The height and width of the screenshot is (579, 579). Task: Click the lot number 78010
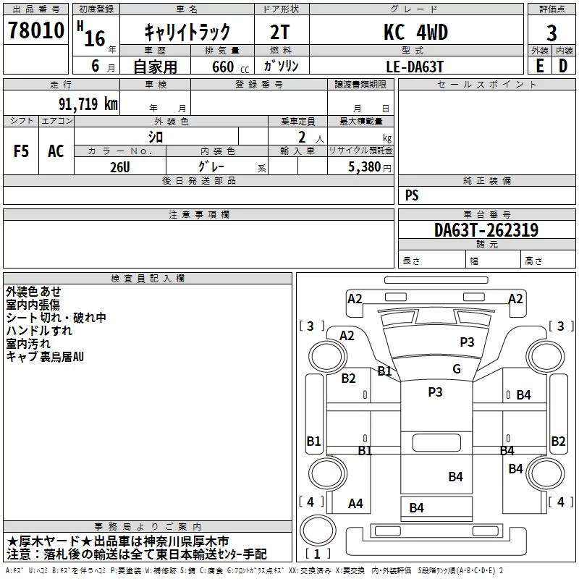[x=36, y=30]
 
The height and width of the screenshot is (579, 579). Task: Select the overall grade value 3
[x=551, y=33]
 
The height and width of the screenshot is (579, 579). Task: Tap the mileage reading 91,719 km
[x=88, y=104]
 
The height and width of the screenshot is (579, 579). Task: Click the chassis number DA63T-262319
[x=486, y=230]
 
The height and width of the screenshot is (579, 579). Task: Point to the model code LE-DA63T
[x=415, y=67]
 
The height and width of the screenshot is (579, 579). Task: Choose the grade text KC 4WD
[x=415, y=32]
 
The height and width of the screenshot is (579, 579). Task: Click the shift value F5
[x=21, y=151]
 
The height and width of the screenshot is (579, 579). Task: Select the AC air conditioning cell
[x=56, y=151]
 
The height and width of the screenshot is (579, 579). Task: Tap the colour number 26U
[x=120, y=167]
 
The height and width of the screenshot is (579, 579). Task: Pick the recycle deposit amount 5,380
[x=365, y=167]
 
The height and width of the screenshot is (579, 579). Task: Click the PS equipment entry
[x=412, y=195]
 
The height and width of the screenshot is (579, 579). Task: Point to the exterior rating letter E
[x=540, y=66]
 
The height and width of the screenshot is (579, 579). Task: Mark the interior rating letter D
[x=563, y=66]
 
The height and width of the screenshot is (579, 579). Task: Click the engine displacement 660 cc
[x=231, y=67]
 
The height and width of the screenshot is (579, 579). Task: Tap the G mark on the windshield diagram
[x=457, y=369]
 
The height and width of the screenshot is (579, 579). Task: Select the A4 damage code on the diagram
[x=355, y=503]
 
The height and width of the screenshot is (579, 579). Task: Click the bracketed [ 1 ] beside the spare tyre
[x=318, y=554]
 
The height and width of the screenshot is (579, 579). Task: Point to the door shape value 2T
[x=280, y=33]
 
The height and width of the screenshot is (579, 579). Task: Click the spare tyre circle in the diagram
[x=318, y=531]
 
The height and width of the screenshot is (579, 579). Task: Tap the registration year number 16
[x=95, y=38]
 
